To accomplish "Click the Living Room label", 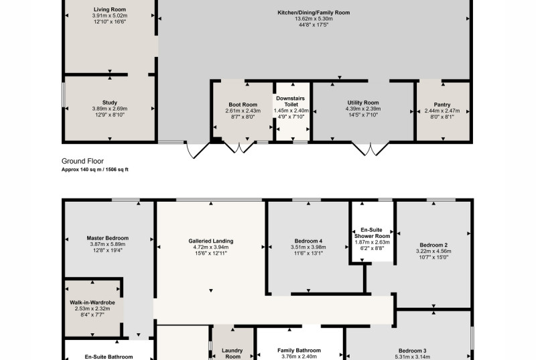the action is pos(110,9).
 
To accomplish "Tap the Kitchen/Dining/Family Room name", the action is pos(314,13).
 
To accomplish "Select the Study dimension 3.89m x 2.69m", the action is pos(110,109).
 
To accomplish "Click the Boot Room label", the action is pos(243,105).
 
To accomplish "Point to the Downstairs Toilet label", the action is pos(291,101).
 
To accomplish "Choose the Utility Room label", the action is pos(363,103).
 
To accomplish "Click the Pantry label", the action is pos(442,105).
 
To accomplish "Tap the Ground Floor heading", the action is pos(82,161).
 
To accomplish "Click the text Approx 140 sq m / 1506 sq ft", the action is pos(94,170).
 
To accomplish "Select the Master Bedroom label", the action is pos(108,238).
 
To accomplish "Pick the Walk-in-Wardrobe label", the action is pos(92,302).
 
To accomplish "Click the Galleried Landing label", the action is pos(211,241).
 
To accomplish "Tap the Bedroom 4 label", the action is pos(308,241).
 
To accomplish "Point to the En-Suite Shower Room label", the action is pos(372,233).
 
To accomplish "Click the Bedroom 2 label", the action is pos(433,245).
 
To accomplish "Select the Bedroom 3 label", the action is pos(412,351).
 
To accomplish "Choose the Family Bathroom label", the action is pos(299,351).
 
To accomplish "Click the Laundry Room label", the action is pos(232,353).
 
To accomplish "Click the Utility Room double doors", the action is pos(371,149).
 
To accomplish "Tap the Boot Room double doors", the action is pos(239,147).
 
